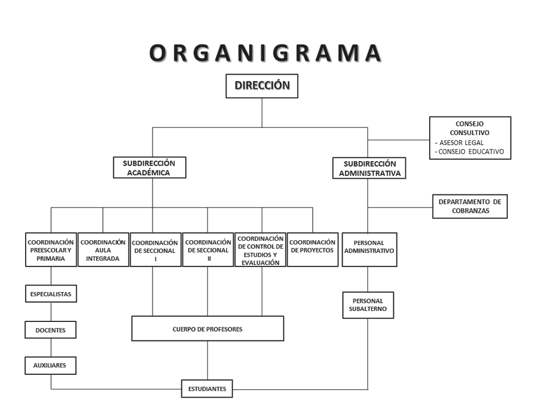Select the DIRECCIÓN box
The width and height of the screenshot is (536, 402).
tap(262, 86)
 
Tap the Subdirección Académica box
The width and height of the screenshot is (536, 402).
tap(149, 168)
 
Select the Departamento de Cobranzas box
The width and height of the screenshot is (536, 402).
tap(470, 206)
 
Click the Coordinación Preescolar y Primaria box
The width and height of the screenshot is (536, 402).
tap(51, 250)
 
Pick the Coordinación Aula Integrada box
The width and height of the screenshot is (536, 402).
tap(103, 250)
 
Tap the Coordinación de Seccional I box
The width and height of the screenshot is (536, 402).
tap(155, 250)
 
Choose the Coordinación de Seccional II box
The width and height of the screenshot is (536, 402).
tap(208, 250)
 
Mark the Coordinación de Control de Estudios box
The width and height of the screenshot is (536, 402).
tap(261, 250)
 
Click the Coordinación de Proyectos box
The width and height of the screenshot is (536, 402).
tap(312, 250)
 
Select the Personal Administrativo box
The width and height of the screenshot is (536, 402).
tap(369, 250)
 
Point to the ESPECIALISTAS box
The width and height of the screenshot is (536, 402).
tap(51, 294)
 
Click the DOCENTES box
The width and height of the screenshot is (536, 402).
tap(51, 330)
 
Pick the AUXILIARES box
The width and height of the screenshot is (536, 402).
tap(51, 366)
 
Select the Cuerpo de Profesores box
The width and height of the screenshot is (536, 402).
tap(208, 328)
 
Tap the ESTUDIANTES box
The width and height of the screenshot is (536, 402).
tap(207, 389)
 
